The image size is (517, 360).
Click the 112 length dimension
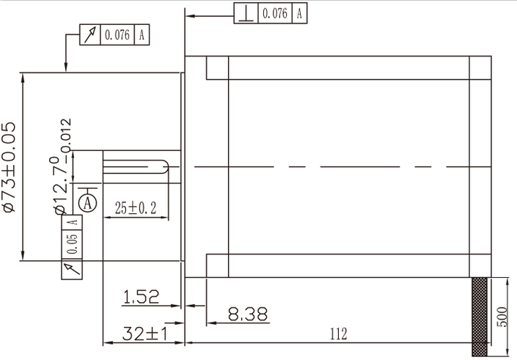(x=337, y=334)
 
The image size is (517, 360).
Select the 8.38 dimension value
(x=247, y=315)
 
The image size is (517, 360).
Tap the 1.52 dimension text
(x=141, y=297)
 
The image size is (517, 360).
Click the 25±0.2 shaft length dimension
(x=136, y=208)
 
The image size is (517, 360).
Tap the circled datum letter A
(x=87, y=201)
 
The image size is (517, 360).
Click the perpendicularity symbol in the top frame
(x=246, y=14)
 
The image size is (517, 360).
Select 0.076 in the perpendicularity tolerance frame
(x=274, y=14)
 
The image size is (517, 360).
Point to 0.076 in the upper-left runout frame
(x=117, y=34)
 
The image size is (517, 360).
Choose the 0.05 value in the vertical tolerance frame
(x=72, y=245)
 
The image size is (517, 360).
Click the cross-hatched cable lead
(x=480, y=311)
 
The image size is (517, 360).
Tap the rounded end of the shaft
(x=173, y=168)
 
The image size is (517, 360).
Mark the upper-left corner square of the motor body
(x=218, y=67)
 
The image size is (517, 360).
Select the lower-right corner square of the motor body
(x=480, y=265)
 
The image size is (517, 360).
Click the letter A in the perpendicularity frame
(x=299, y=14)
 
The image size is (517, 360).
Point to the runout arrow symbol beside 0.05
(x=72, y=269)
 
